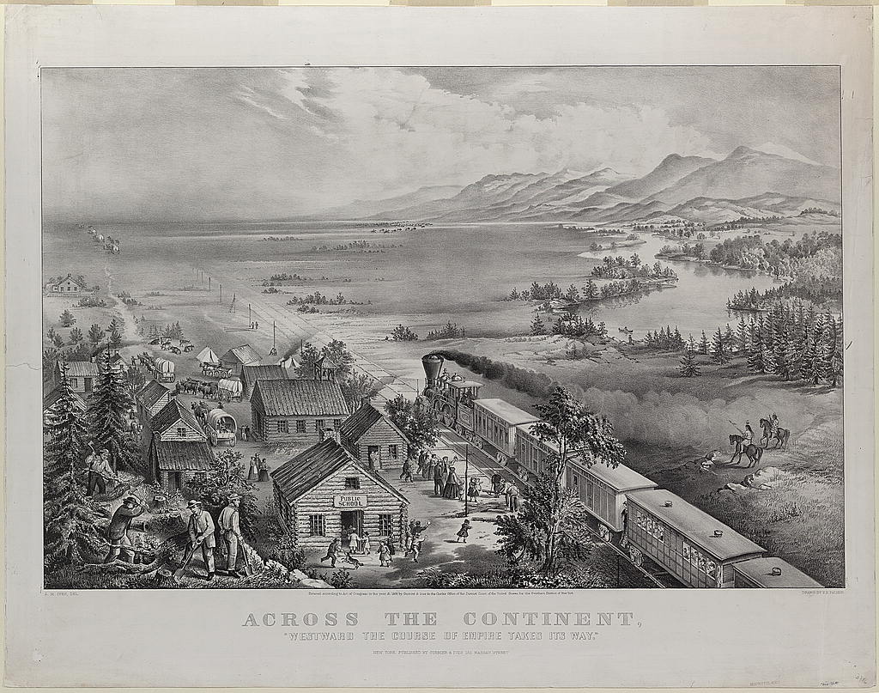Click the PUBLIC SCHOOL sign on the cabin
coord(349,500)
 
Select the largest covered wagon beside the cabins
coord(221,425)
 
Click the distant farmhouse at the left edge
coord(66,284)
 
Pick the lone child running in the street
coord(464,530)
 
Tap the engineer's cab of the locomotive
coord(464,395)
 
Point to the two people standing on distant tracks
coord(253,325)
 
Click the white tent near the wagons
coord(208,356)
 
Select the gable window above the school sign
coord(351,482)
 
